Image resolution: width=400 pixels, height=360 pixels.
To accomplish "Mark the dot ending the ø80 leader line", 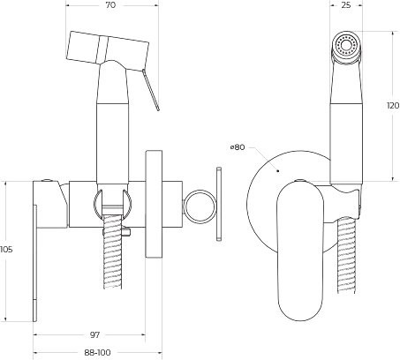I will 276,169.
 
